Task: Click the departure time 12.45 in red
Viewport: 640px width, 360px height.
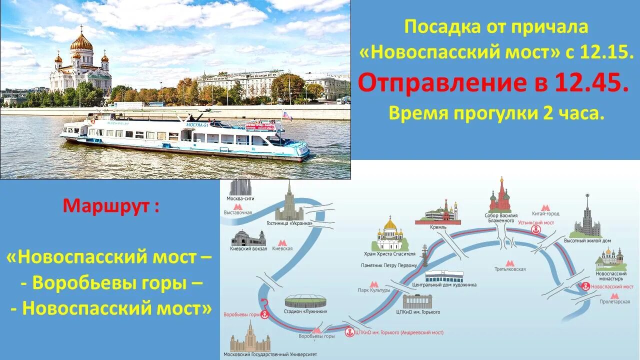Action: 590,84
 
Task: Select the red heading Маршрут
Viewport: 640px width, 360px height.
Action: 111,205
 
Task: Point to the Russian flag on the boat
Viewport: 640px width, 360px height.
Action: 287,115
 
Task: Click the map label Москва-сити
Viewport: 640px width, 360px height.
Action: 240,198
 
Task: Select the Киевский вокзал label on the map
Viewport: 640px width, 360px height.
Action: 248,248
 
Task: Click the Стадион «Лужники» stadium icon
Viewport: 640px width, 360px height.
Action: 305,301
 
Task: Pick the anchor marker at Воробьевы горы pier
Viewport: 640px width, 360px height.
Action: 265,314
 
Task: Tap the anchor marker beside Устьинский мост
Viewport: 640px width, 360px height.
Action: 536,230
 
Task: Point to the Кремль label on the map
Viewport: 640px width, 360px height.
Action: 438,226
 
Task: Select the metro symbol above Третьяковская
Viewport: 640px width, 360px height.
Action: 509,263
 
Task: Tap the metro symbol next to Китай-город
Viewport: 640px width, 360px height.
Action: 546,207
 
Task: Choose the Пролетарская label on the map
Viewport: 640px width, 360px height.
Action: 614,302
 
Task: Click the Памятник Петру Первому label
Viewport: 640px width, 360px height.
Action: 388,265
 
